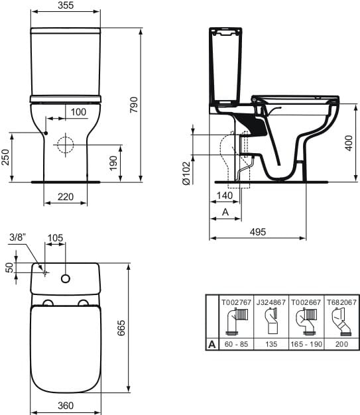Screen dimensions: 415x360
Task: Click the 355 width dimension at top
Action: click(x=64, y=6)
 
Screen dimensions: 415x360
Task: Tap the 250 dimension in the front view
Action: click(x=6, y=156)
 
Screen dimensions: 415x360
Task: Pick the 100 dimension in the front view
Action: click(x=78, y=112)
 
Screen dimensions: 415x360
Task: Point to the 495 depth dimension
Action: click(x=257, y=231)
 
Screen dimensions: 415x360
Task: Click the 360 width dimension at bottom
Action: click(x=66, y=406)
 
